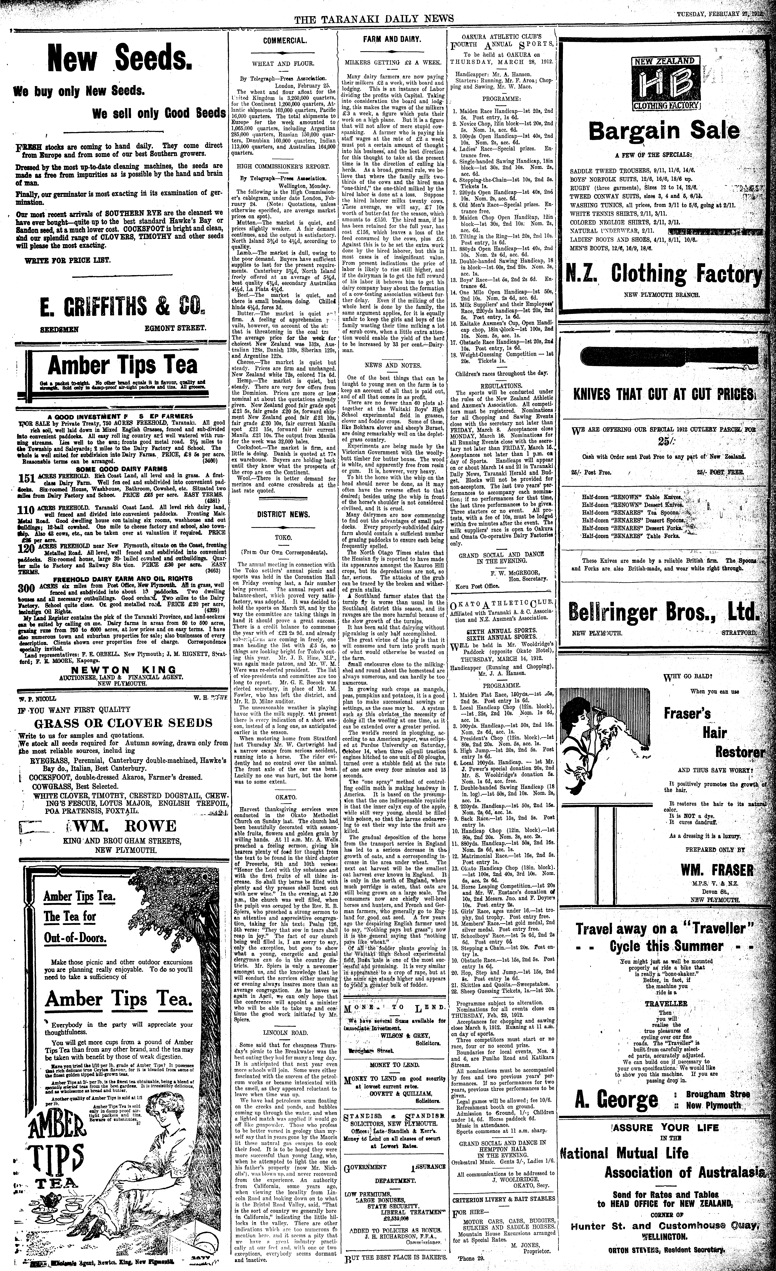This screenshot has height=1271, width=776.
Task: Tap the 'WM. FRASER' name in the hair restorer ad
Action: click(x=717, y=871)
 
